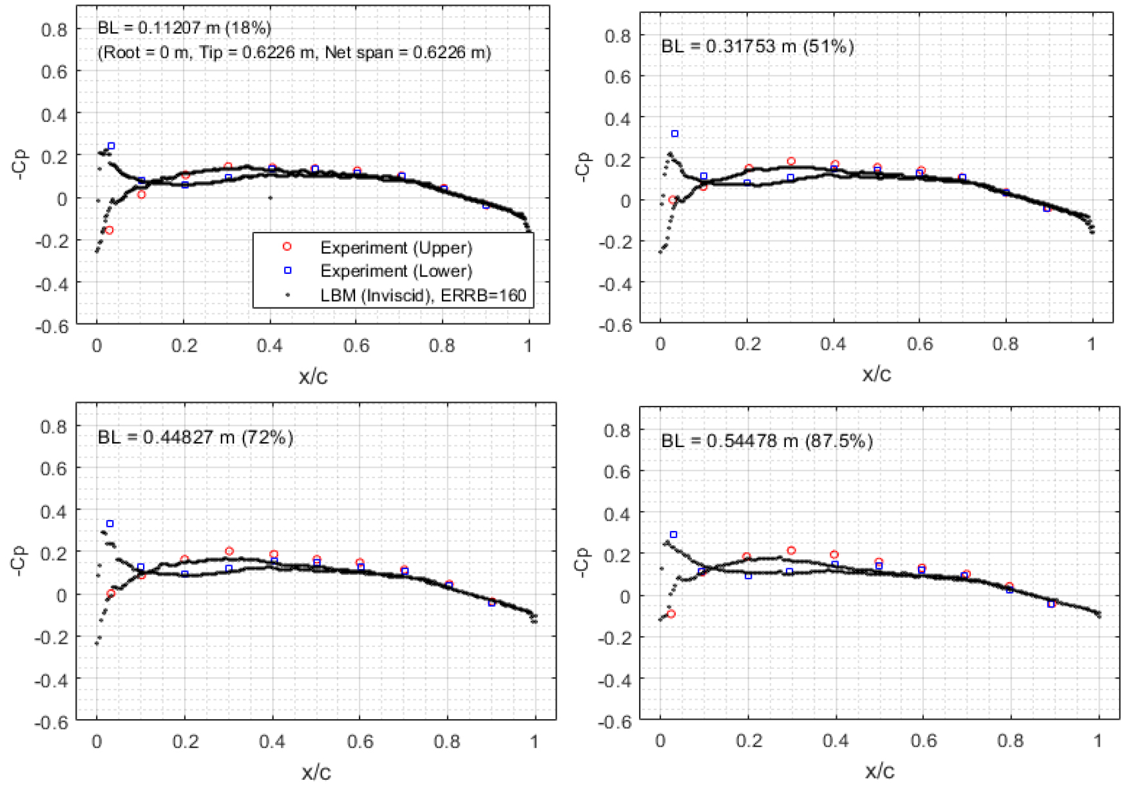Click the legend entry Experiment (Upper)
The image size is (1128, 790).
pos(396,247)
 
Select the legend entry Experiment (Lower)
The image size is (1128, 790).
pos(396,271)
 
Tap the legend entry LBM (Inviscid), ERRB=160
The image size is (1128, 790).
pos(423,295)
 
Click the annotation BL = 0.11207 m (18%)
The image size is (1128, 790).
pos(184,28)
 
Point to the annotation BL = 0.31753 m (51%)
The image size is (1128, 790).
pos(757,46)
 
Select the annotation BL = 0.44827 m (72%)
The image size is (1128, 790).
pos(195,438)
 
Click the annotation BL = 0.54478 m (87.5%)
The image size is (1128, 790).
pos(767,441)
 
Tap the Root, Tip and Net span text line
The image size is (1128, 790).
pos(294,52)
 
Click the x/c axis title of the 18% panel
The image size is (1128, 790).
pos(313,376)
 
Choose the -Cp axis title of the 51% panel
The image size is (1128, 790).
pos(582,167)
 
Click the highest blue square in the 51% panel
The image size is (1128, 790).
pos(674,134)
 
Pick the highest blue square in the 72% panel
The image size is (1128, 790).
pos(110,524)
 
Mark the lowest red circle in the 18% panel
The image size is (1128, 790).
pos(110,230)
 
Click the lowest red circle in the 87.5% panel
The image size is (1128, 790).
pos(671,614)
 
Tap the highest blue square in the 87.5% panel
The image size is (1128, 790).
pos(674,535)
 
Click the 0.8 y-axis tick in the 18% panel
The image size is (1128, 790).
pos(54,30)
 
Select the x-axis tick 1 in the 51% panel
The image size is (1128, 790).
pos(1092,344)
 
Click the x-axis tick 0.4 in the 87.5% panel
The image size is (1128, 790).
pos(835,741)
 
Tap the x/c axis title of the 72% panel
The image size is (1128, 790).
pos(316,772)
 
